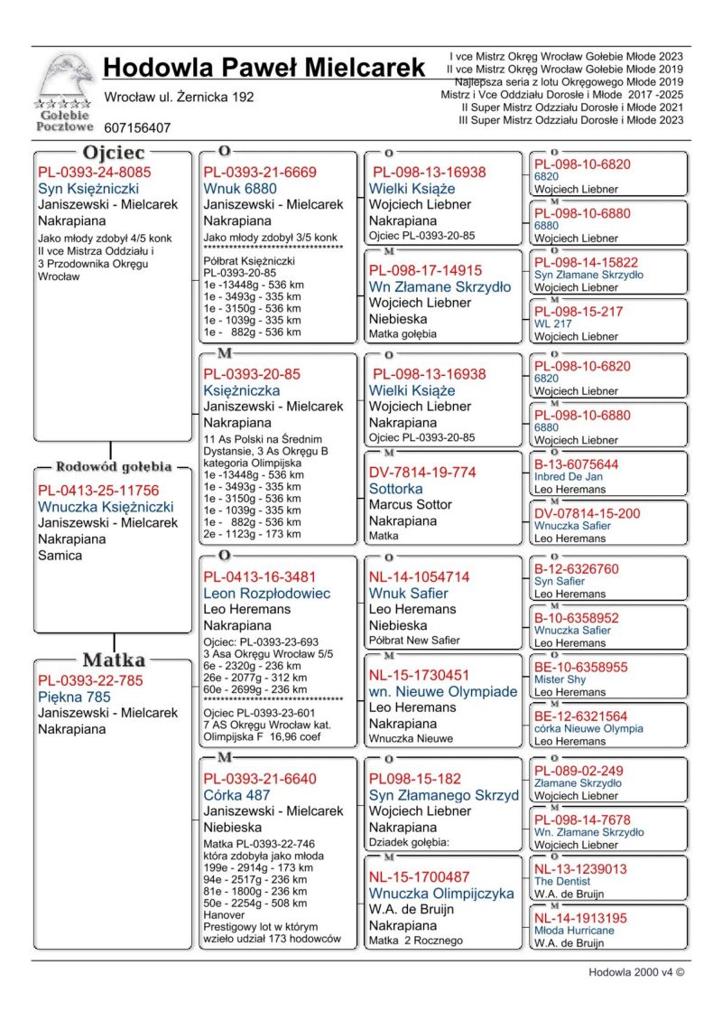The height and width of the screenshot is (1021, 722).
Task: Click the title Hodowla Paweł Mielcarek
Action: coord(264,68)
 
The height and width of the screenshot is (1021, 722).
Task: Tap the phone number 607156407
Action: coord(137,128)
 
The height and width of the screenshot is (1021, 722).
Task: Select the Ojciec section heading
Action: coord(114,153)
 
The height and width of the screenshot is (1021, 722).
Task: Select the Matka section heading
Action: coord(114,660)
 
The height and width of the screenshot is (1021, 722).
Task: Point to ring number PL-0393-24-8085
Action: coord(95,172)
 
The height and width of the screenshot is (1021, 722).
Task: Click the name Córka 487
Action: coord(237,795)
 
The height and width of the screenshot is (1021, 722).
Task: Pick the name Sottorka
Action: coord(395,488)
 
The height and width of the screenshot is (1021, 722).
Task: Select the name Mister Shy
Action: coord(560,679)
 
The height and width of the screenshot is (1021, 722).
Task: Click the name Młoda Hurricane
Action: coord(574,930)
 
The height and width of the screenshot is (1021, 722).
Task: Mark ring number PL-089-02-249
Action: coord(579,771)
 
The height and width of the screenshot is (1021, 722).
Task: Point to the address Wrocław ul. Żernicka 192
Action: coord(180,97)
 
